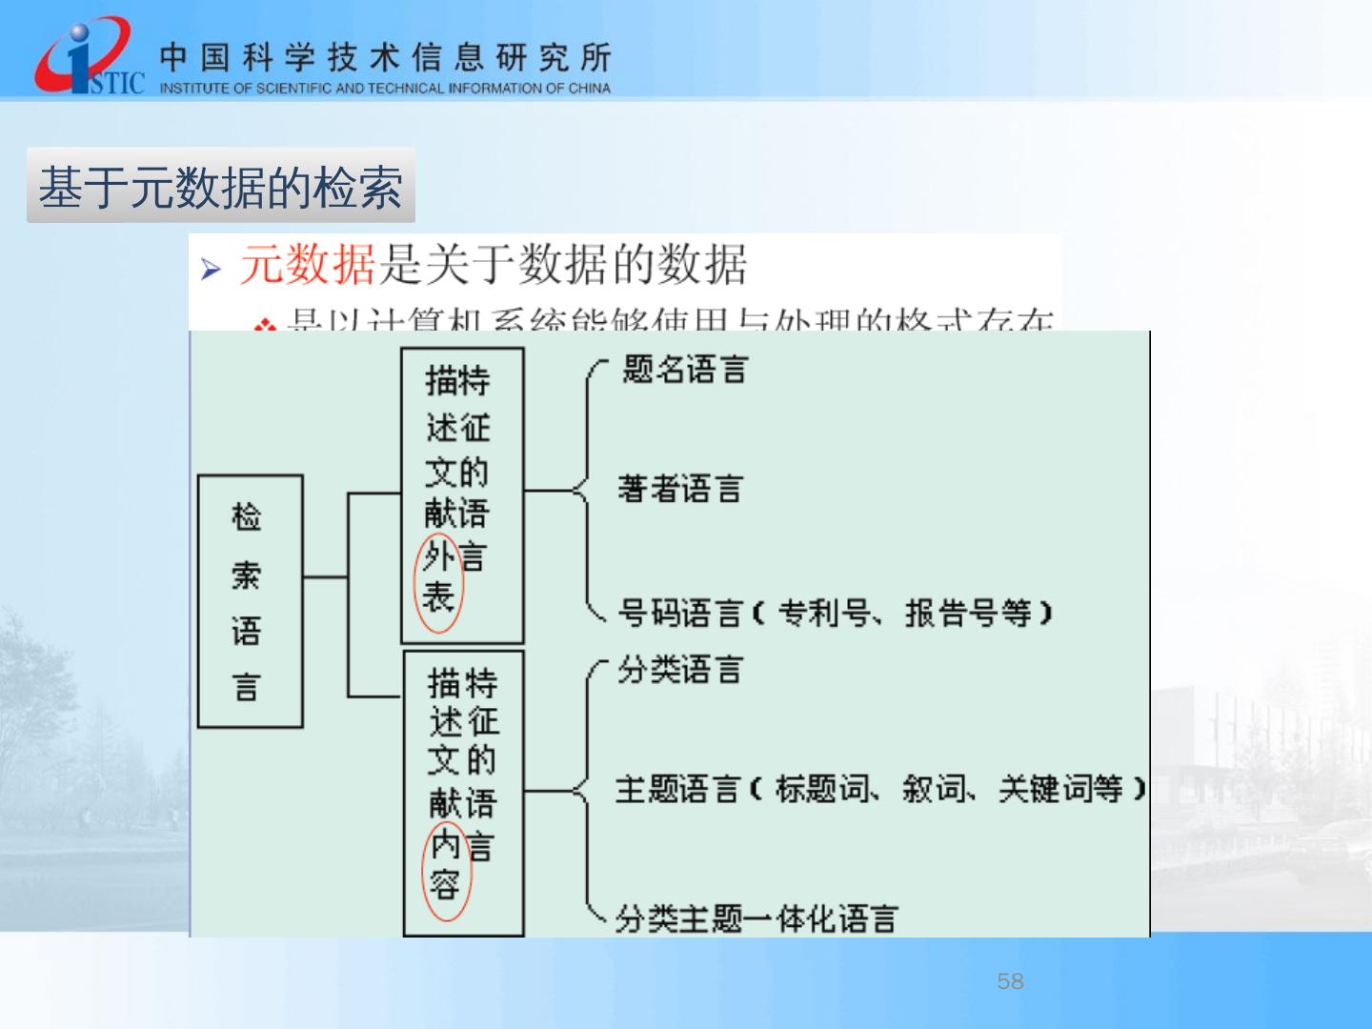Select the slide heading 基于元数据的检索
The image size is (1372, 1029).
(220, 186)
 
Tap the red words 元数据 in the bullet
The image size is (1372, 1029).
(307, 265)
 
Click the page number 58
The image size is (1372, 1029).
(1010, 981)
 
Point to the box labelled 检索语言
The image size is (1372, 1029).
(250, 601)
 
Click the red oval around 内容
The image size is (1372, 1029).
(446, 867)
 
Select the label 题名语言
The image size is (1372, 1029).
(684, 370)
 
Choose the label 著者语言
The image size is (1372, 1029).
(679, 490)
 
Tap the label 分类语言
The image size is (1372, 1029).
(679, 670)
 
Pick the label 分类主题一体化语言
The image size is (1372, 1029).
(756, 919)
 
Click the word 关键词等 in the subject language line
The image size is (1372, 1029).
(1060, 789)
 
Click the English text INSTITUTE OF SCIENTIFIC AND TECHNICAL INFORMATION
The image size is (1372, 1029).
(385, 89)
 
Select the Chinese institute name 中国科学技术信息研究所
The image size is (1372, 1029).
(385, 57)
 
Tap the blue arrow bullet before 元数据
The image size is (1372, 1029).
(211, 270)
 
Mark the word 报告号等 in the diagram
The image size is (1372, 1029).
(968, 613)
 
